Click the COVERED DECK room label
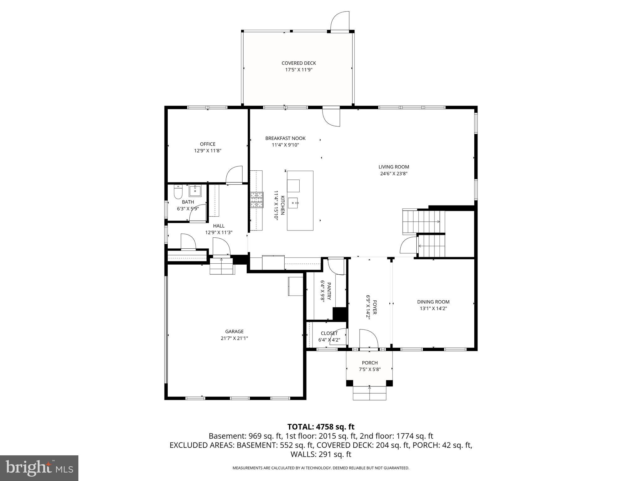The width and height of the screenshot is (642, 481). click(298, 63)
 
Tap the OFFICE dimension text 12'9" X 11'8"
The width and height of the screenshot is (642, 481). click(208, 151)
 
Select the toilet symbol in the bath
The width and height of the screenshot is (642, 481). click(178, 192)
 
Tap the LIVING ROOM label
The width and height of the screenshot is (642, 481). click(393, 167)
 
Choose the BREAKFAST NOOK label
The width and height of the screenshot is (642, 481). click(285, 138)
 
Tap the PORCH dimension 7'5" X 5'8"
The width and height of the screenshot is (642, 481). click(370, 370)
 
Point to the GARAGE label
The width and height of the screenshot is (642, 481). click(234, 332)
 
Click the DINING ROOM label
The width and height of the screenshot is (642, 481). click(433, 302)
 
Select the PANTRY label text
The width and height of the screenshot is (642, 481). click(329, 291)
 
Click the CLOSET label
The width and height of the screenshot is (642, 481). click(329, 334)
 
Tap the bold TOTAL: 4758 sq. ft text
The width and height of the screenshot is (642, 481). click(321, 427)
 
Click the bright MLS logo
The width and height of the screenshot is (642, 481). click(39, 468)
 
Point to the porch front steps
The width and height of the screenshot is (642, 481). click(370, 393)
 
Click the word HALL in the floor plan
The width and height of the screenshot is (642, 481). click(218, 226)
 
